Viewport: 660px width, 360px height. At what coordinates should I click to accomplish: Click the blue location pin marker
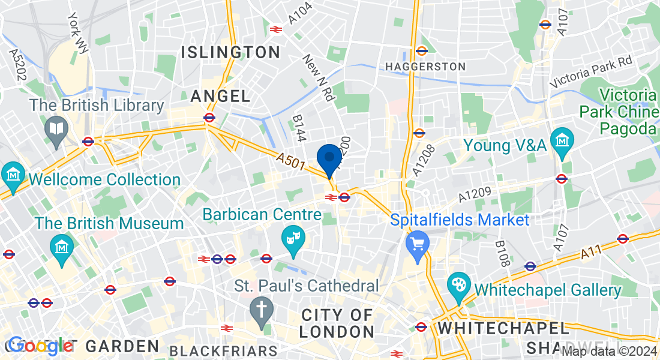click(x=329, y=159)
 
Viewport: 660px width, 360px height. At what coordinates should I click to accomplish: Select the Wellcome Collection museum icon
click(x=13, y=175)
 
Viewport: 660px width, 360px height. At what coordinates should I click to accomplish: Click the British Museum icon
click(x=62, y=247)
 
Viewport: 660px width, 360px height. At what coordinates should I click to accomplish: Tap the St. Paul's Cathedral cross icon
click(x=262, y=310)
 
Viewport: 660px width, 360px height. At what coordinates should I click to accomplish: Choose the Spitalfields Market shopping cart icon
click(x=418, y=243)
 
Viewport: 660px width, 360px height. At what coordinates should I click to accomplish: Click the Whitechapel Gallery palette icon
click(x=459, y=285)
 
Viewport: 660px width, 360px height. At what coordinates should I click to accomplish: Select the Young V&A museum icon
click(x=563, y=140)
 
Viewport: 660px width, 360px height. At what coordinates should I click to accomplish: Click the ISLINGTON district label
click(x=231, y=52)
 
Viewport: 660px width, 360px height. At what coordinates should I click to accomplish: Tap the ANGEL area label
click(x=220, y=96)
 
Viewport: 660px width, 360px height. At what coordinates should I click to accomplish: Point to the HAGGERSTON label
click(x=425, y=66)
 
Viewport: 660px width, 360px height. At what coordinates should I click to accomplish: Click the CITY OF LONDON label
click(x=338, y=323)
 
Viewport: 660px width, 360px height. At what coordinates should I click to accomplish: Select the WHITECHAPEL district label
click(x=503, y=328)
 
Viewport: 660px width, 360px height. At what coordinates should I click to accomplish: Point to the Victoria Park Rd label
click(x=591, y=70)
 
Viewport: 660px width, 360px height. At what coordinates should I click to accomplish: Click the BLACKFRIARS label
click(x=224, y=350)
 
